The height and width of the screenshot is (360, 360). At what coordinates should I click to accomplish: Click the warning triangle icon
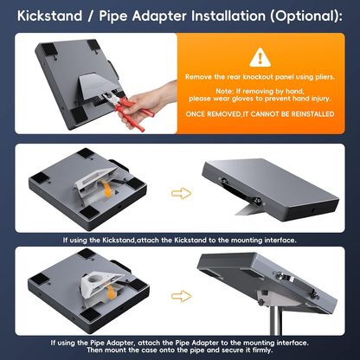[260, 58]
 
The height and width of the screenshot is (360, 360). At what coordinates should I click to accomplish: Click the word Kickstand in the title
[49, 16]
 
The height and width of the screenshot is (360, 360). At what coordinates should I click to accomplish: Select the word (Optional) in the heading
[306, 16]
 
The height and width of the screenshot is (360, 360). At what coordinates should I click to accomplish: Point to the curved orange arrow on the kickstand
[107, 188]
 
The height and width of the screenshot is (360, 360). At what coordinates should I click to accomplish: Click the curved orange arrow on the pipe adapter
[109, 291]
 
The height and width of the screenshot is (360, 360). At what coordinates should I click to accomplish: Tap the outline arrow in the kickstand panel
[181, 193]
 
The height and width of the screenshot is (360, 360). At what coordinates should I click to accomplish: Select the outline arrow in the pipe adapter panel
[181, 296]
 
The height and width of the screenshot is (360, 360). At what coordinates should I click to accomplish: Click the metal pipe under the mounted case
[276, 319]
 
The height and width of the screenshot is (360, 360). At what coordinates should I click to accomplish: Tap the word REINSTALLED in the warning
[312, 114]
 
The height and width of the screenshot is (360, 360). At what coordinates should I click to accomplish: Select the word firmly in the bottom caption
[262, 350]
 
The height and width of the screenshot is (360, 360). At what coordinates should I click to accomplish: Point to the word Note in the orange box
[225, 92]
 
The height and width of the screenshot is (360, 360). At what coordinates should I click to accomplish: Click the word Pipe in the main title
[113, 16]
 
